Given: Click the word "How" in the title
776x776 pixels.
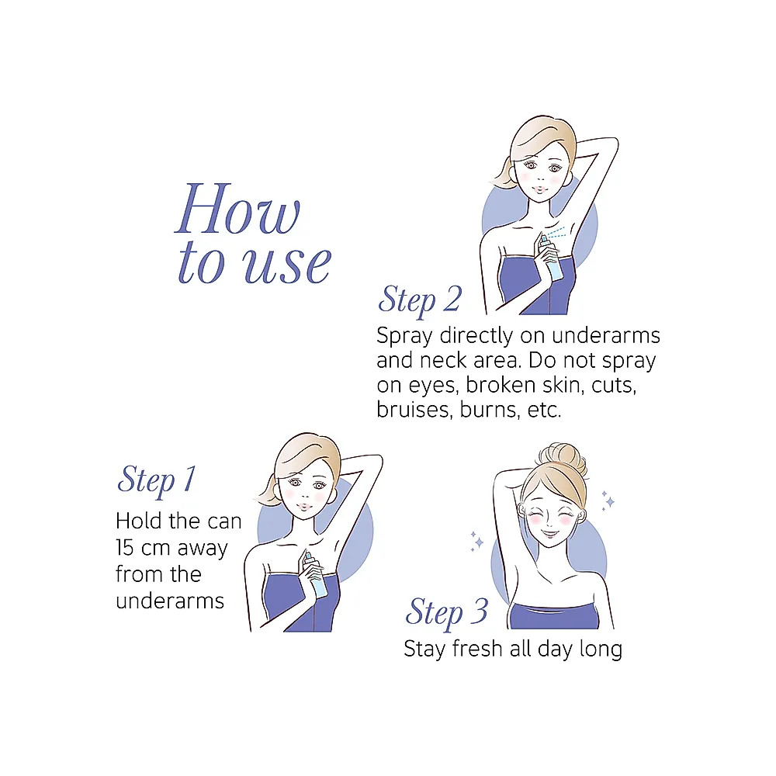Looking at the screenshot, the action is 237,208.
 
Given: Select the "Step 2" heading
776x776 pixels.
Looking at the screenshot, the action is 420,300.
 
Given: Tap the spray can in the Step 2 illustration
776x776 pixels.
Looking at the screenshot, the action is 551,258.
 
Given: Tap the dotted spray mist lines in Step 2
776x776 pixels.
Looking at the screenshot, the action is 556,233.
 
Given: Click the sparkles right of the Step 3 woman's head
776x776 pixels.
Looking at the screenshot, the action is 608,501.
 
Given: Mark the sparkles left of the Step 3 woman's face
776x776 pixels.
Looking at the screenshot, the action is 476,540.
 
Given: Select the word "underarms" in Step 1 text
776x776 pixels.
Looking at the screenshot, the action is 170,601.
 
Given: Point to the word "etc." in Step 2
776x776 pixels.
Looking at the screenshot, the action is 545,410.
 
